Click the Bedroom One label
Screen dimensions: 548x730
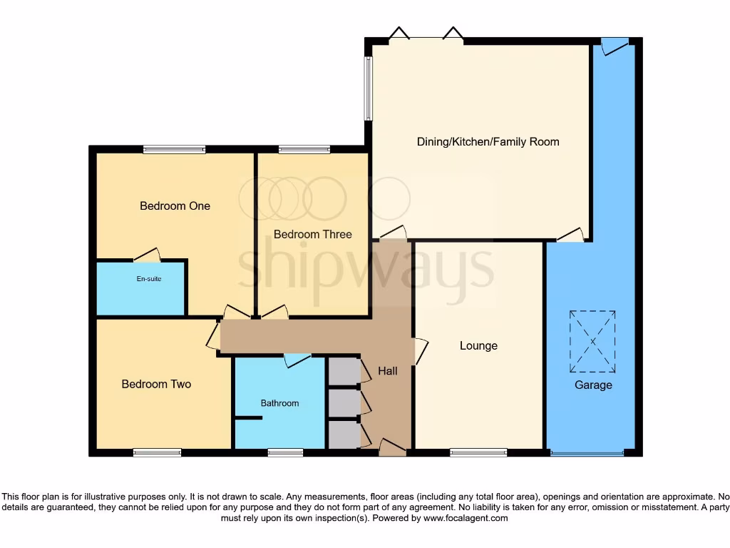coord(175,206)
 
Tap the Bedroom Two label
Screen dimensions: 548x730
coord(156,384)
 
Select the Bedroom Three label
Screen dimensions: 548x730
coord(312,234)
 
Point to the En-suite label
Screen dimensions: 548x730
coord(149,279)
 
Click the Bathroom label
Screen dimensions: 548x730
coord(279,403)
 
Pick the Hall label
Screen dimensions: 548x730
coord(388,371)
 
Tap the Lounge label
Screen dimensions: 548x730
coord(478,346)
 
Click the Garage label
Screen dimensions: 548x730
coord(593,385)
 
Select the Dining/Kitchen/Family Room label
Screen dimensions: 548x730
coord(488,142)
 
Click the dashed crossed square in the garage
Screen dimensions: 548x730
coord(592,341)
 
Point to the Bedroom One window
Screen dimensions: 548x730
coord(174,149)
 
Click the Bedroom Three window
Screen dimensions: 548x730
coord(304,149)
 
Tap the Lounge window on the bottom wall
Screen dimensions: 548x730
coord(478,452)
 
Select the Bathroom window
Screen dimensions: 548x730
coord(285,452)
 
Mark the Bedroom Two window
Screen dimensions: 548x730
coord(157,452)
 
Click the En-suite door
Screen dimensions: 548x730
coord(147,255)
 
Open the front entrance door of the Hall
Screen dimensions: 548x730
coord(391,447)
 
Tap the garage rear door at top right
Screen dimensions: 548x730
coord(615,45)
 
